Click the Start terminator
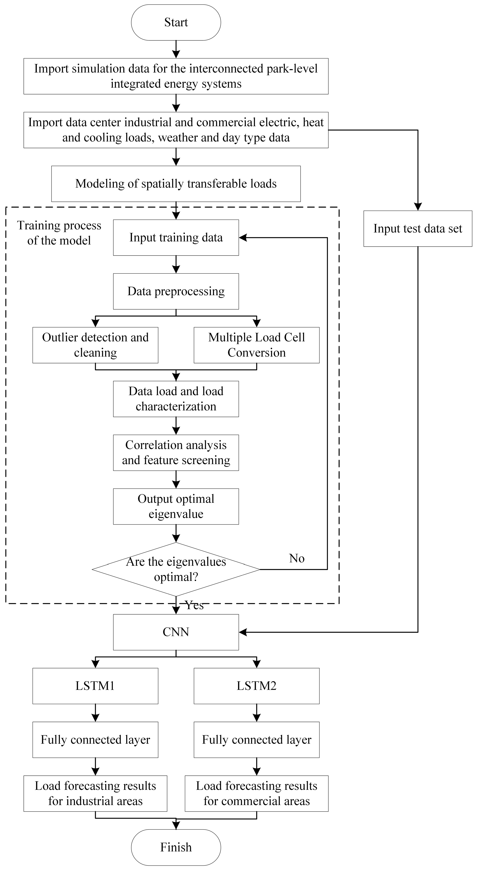[x=176, y=22]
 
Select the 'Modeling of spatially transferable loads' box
[x=176, y=184]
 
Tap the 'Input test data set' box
[x=418, y=229]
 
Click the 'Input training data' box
[x=176, y=238]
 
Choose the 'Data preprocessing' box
[x=176, y=291]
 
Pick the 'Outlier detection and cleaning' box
[x=95, y=345]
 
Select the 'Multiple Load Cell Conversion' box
[x=256, y=345]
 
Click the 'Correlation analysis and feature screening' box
[x=176, y=453]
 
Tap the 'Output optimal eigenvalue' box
[x=176, y=506]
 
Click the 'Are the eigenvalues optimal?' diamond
[x=176, y=569]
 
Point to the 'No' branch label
[x=297, y=558]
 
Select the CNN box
[x=176, y=632]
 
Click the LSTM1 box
[x=95, y=686]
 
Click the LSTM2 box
[x=256, y=686]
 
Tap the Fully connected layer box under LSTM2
[x=256, y=740]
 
